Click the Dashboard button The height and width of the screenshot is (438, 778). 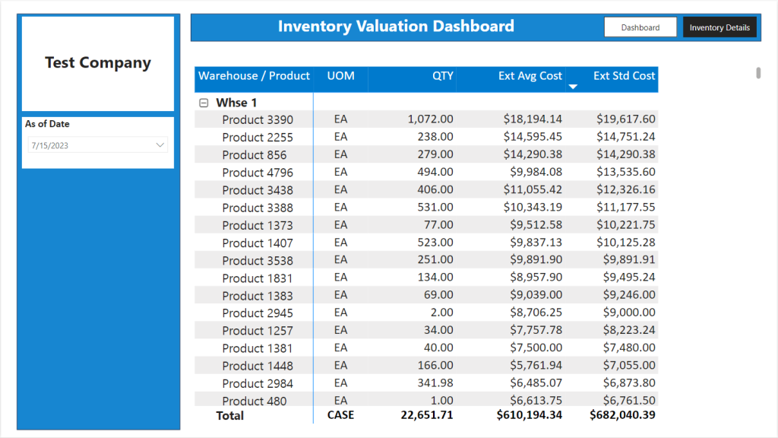point(640,27)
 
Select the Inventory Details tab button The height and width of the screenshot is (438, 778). point(719,27)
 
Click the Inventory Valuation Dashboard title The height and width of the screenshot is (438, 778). point(396,27)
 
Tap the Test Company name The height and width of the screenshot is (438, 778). point(98,62)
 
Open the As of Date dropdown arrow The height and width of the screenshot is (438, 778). point(160,145)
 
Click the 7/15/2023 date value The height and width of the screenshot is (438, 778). point(49,145)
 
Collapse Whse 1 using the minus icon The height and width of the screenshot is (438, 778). point(204,103)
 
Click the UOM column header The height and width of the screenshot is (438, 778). point(341,75)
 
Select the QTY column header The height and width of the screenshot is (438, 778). point(443,75)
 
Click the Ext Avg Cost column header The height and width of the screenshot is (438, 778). point(530,75)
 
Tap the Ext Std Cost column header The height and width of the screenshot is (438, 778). point(625,75)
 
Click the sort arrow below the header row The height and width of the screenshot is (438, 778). point(573,87)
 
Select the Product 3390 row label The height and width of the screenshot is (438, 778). point(258,119)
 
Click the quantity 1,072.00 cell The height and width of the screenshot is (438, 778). point(430,119)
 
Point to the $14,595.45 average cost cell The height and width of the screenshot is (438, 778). point(533,137)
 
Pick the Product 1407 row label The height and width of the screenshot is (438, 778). point(258,243)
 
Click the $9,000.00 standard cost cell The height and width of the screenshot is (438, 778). point(629,313)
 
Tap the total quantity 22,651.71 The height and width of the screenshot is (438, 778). point(427,415)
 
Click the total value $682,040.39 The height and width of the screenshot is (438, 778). point(622,415)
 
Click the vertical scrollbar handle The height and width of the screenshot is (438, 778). point(758,72)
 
